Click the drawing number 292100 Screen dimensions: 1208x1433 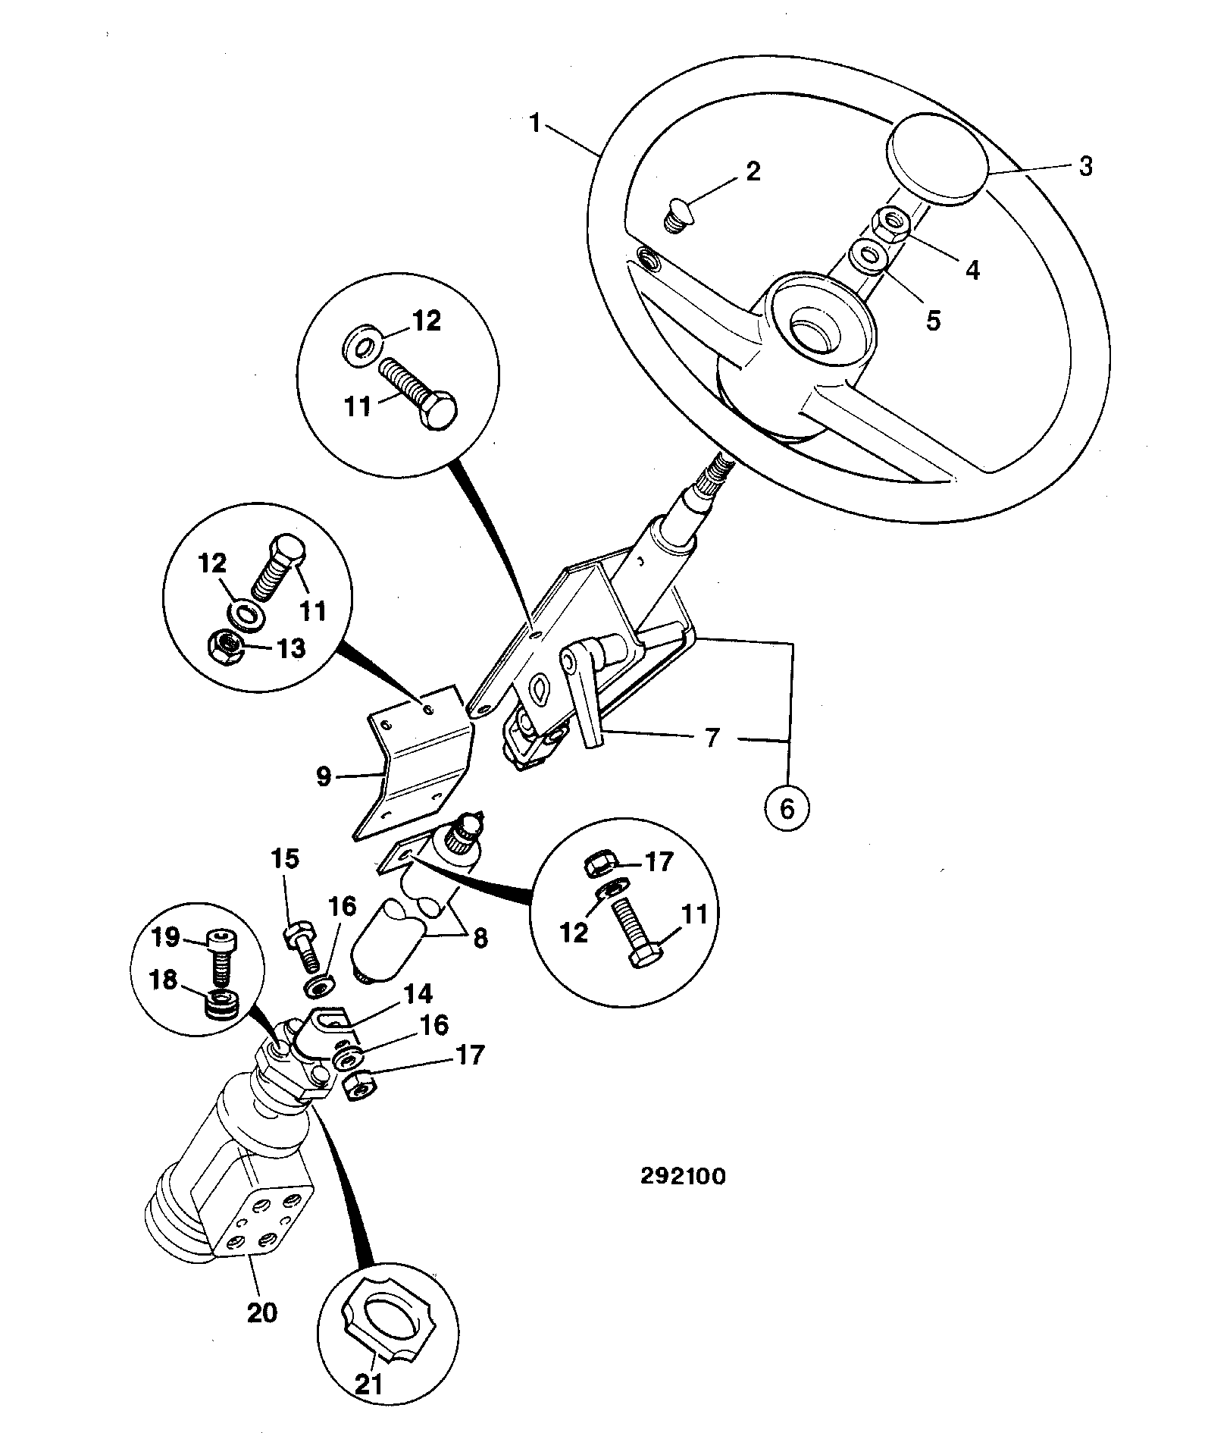pos(683,1176)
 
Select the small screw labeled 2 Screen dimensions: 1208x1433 pos(674,215)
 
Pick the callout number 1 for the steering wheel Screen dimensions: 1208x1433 pos(536,124)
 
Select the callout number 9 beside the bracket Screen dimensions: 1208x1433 pos(324,777)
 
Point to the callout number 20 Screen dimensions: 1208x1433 pos(263,1314)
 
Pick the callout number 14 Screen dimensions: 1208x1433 pos(418,994)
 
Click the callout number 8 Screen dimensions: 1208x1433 pos(480,939)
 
